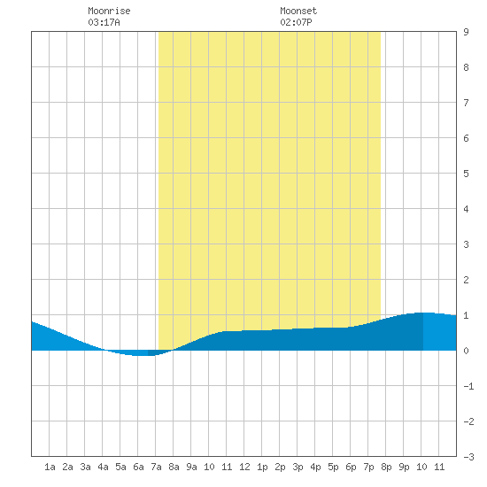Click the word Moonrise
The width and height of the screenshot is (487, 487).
[109, 11]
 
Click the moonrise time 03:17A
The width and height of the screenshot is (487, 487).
[104, 22]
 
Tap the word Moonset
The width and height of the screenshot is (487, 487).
[298, 11]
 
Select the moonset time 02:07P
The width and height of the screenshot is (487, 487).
[296, 22]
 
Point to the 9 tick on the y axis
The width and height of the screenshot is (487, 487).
[466, 32]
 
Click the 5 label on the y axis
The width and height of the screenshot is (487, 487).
[466, 174]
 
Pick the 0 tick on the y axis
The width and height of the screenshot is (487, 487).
[466, 351]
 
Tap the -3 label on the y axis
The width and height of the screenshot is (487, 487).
[468, 457]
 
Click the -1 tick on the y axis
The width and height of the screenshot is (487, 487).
[468, 386]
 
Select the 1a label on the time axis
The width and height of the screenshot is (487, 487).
[50, 467]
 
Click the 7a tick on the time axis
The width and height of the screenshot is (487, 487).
[156, 467]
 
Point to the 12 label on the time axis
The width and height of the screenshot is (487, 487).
[244, 467]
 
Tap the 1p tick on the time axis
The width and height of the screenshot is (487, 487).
[262, 467]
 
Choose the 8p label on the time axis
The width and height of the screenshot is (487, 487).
[386, 467]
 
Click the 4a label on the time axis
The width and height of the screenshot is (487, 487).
[103, 467]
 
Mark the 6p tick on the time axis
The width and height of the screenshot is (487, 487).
[351, 467]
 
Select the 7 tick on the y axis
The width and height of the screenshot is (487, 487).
[466, 103]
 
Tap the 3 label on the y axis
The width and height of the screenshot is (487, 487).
[466, 244]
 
